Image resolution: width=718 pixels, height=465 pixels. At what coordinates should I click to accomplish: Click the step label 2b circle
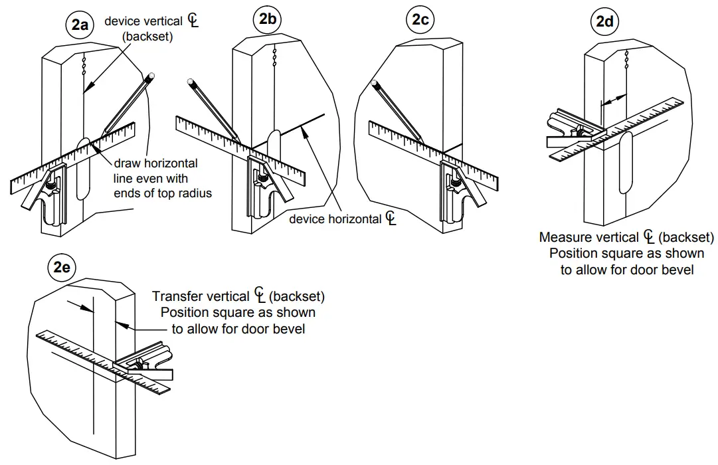coord(268,20)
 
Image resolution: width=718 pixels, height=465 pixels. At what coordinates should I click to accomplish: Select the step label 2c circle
coord(420,20)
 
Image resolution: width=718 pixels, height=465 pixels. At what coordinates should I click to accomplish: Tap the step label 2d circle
coord(604,21)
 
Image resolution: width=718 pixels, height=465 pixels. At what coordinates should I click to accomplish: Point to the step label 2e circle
coord(62,268)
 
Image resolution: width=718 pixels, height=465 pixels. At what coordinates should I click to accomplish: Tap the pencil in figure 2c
coord(397,110)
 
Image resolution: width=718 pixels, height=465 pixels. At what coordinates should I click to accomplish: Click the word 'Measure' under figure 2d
coord(565,237)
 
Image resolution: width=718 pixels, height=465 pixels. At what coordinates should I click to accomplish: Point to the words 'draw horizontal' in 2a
coord(155,163)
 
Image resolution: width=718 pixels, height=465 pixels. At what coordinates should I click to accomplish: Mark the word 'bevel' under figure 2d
coord(679,270)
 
